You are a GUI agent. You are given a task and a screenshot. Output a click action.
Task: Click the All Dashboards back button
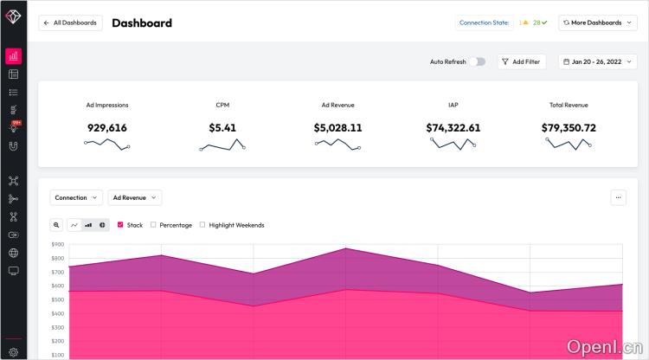coord(70,23)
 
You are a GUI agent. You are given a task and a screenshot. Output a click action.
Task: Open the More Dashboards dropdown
coord(598,23)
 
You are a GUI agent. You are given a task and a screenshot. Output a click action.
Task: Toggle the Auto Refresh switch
coord(479,62)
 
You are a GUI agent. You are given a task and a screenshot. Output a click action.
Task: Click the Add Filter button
coord(521,62)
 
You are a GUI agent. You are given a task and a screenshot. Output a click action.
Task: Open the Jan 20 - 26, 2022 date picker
coord(598,62)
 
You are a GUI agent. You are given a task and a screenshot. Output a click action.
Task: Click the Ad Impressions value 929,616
coord(107,128)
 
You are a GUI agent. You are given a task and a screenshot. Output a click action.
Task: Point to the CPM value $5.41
coord(222,128)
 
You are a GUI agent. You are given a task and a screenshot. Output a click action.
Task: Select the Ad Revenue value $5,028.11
coord(337,128)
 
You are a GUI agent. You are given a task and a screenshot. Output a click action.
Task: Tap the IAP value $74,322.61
coord(453,128)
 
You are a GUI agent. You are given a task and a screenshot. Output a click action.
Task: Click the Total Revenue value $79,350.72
coord(569,128)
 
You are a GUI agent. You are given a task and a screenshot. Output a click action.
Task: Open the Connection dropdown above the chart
coord(76,197)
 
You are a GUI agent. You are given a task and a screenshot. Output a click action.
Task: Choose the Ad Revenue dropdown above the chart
coord(134,197)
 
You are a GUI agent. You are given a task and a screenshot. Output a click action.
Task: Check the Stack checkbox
coord(120,225)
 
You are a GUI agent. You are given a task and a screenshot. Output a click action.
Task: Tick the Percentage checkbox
coord(153,225)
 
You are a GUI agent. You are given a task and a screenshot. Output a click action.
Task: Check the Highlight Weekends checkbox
coord(202,225)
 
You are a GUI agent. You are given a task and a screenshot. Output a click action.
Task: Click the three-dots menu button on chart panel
coord(618,197)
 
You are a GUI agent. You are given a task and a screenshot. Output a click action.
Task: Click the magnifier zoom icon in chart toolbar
coord(56,225)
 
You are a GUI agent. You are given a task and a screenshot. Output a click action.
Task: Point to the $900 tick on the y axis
coord(58,245)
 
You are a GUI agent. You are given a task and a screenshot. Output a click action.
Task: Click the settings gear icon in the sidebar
coord(13,352)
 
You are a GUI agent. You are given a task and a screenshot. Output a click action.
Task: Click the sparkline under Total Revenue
coord(569,145)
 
